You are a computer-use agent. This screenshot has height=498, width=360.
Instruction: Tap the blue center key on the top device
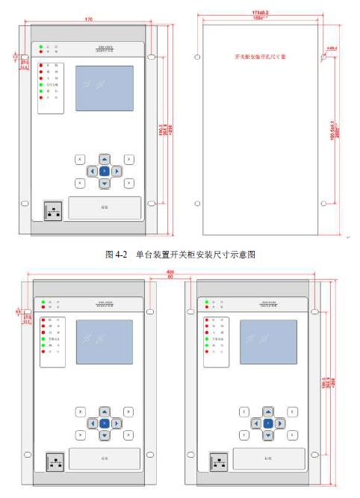tap(104, 171)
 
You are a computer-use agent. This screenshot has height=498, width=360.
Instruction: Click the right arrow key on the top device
tap(117, 171)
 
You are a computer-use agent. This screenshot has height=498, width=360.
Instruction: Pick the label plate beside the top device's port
tap(105, 208)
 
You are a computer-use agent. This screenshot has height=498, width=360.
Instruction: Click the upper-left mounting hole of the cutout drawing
tap(197, 56)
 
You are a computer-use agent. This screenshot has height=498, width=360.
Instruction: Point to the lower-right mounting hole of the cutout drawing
tap(326, 202)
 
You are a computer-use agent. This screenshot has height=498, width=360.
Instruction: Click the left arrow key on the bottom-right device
tap(255, 423)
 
